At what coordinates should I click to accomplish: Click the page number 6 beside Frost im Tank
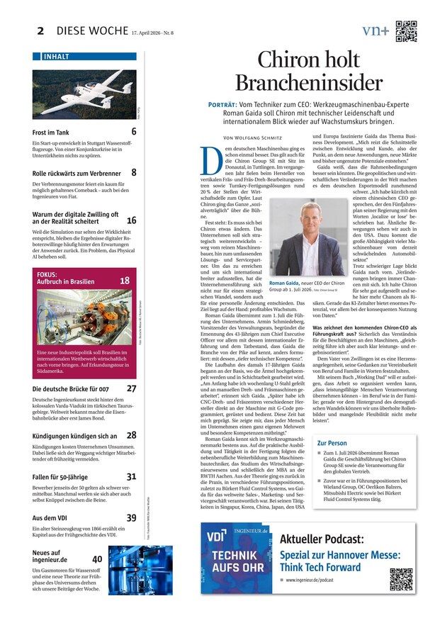[x=134, y=132]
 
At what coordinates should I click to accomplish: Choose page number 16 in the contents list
[x=131, y=221]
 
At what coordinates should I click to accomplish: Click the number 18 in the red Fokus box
[x=125, y=281]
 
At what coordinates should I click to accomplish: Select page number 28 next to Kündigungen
[x=132, y=435]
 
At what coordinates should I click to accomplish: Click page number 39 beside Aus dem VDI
[x=132, y=518]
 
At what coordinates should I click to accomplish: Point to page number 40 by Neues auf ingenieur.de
[x=97, y=559]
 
